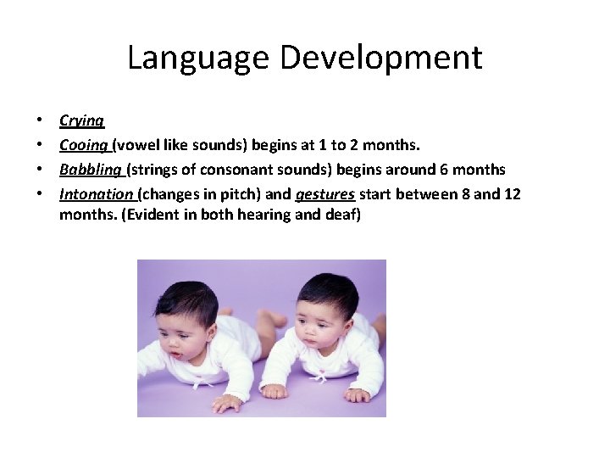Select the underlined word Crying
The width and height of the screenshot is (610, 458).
tap(81, 121)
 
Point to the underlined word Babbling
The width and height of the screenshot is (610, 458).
tap(91, 169)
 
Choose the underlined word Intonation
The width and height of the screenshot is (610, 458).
tap(96, 193)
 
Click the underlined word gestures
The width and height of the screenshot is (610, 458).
tap(324, 193)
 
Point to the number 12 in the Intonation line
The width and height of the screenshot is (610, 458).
tap(512, 193)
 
